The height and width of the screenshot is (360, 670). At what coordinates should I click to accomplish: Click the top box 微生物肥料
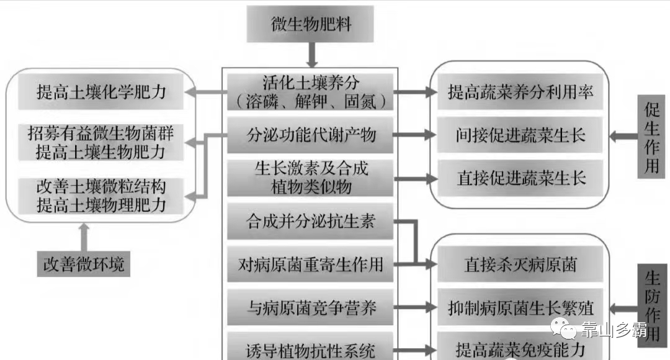pos(311,25)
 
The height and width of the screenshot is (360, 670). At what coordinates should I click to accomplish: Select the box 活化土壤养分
pos(311,91)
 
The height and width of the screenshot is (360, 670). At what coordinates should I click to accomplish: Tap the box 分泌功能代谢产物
pos(311,134)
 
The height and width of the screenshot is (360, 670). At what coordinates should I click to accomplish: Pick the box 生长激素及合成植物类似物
pos(311,178)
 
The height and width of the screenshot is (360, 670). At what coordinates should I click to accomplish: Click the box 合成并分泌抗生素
pos(311,221)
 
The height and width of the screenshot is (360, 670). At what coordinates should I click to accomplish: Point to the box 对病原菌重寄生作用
pos(311,265)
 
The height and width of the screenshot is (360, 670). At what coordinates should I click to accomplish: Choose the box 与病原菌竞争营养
pos(311,307)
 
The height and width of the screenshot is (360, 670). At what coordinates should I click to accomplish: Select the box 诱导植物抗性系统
pos(311,349)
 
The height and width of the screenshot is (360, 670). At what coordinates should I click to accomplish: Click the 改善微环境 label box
pos(84,264)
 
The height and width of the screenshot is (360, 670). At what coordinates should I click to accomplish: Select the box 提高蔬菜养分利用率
pos(520,92)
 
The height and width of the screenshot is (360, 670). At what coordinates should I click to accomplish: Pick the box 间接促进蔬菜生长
pos(520,135)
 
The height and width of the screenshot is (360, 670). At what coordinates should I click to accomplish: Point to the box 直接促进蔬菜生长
pos(520,178)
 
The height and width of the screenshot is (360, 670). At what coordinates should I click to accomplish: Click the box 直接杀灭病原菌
pos(520,265)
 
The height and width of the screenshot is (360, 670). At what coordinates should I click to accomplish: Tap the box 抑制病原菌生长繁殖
pos(520,307)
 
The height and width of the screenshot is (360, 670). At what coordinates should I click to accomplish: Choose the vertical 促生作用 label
pos(651,137)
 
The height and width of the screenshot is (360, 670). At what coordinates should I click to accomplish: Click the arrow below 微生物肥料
pos(311,54)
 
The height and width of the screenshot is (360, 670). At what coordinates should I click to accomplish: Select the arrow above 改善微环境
pos(84,236)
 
